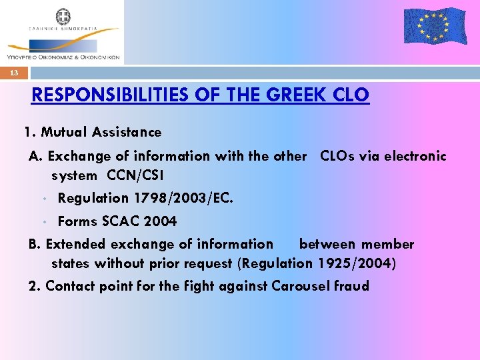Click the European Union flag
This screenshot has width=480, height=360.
pyautogui.click(x=435, y=26)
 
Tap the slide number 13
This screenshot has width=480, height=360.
pyautogui.click(x=14, y=73)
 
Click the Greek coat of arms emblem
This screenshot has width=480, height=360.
pyautogui.click(x=63, y=17)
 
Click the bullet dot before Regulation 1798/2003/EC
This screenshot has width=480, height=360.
pyautogui.click(x=43, y=199)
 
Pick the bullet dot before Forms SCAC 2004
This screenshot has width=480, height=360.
pyautogui.click(x=43, y=221)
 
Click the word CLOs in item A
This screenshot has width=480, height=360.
pyautogui.click(x=337, y=156)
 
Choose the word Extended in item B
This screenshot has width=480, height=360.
pyautogui.click(x=72, y=245)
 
